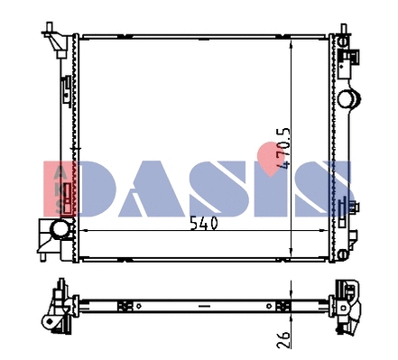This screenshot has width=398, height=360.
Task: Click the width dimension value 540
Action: pyautogui.click(x=205, y=225)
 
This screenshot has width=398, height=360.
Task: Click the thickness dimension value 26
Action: pyautogui.click(x=283, y=338)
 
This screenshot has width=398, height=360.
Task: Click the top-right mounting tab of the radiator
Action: pyautogui.click(x=342, y=35)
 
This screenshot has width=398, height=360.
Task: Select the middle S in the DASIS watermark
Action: pyautogui.click(x=226, y=189)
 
